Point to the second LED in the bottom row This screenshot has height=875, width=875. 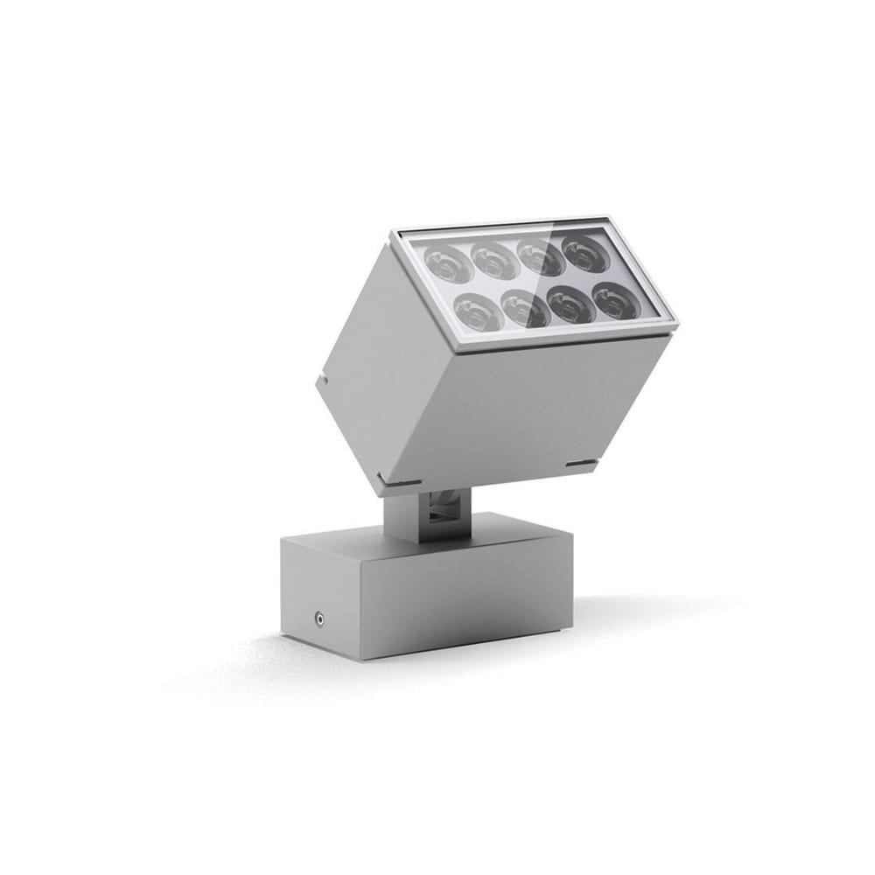point(525,309)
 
